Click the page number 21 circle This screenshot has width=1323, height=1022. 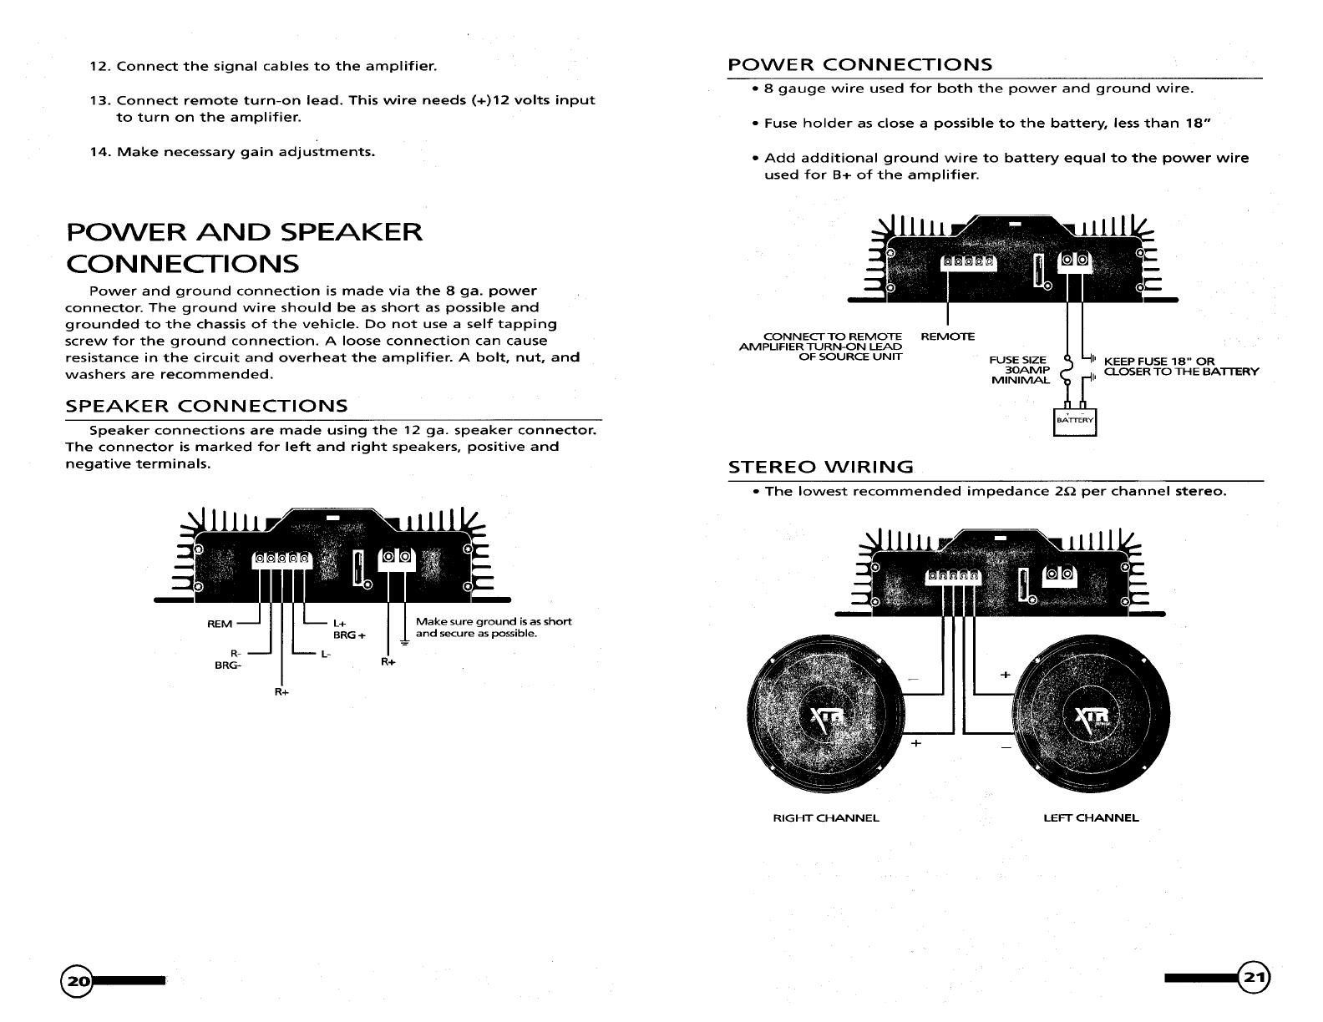point(1254,976)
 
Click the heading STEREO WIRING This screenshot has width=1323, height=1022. point(821,467)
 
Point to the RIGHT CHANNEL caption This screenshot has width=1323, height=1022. point(826,817)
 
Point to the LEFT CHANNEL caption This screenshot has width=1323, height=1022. point(1091,817)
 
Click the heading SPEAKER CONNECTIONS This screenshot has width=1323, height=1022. point(206,406)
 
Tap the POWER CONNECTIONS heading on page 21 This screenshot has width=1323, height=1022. point(860,65)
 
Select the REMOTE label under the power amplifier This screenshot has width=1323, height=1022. point(947,336)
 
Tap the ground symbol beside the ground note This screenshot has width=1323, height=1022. point(404,642)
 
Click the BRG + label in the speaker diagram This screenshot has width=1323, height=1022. point(350,635)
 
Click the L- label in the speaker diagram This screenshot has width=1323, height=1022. point(327,654)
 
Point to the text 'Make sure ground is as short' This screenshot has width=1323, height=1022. point(493,621)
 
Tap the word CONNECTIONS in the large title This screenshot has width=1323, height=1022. point(182,264)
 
